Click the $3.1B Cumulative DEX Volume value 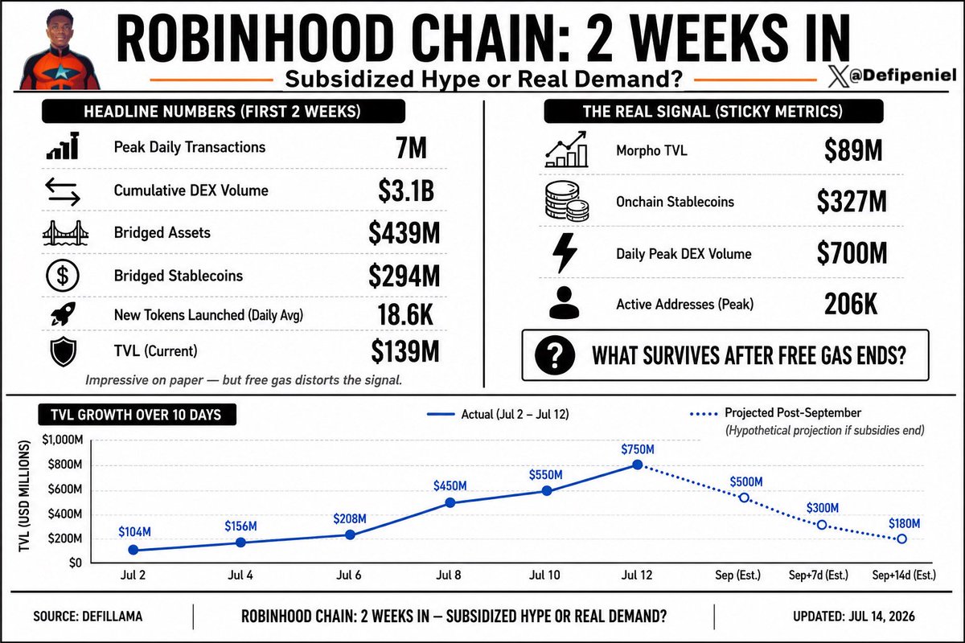click(x=406, y=190)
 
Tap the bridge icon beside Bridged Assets click(x=65, y=233)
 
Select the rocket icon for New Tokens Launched click(x=63, y=313)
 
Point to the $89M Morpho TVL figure click(x=853, y=150)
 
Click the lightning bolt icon click(x=565, y=253)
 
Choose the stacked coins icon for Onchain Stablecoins click(x=566, y=201)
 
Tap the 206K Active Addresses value click(x=851, y=304)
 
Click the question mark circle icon click(x=555, y=355)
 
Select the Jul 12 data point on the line click(x=638, y=465)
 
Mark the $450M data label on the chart click(x=450, y=485)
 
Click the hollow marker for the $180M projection click(x=901, y=539)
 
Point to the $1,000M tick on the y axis click(x=63, y=440)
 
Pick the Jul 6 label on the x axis click(x=348, y=575)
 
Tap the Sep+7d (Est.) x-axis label click(x=818, y=575)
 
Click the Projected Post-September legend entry click(x=775, y=413)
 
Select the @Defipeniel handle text click(x=902, y=76)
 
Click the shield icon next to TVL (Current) click(x=64, y=351)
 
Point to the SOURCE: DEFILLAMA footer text click(x=88, y=616)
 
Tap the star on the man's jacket click(x=61, y=72)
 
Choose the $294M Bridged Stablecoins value click(x=404, y=276)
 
